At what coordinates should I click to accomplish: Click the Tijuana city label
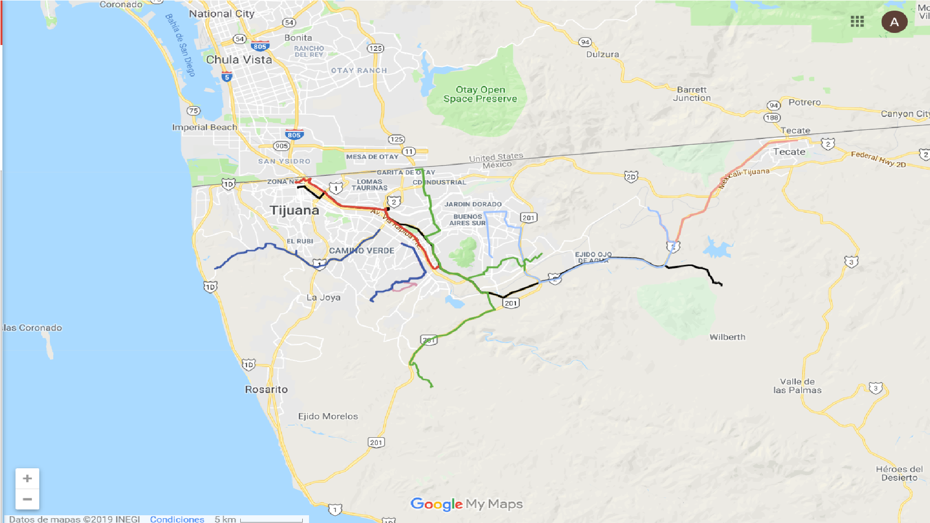(294, 210)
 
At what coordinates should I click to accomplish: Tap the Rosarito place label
(266, 389)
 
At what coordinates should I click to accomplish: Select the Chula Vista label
(239, 60)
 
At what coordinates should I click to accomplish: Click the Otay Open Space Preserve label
(480, 94)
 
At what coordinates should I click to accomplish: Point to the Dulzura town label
(603, 54)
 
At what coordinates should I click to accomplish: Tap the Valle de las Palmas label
(797, 386)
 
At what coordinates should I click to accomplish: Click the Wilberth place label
(727, 337)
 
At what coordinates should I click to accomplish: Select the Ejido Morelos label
(328, 416)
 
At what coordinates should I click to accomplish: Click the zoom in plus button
(27, 478)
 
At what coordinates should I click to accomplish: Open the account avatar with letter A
(894, 22)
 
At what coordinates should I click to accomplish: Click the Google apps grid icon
(857, 21)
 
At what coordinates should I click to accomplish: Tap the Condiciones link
(177, 519)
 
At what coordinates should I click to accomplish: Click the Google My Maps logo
(466, 504)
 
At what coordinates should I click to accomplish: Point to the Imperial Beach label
(204, 127)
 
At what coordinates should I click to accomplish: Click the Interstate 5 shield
(227, 77)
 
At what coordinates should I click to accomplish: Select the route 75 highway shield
(193, 110)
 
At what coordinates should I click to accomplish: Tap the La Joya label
(323, 297)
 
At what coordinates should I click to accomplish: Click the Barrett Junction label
(692, 93)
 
